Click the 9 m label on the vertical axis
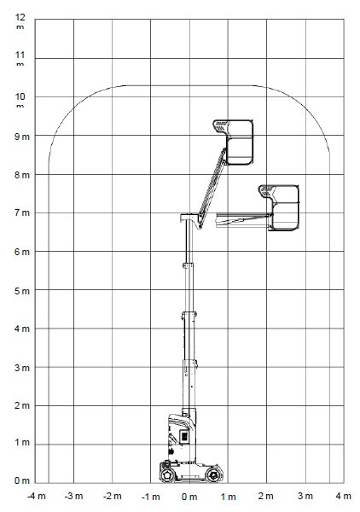[x=22, y=137]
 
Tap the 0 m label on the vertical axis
[x=22, y=480]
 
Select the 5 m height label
[x=22, y=291]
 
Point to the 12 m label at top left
[x=20, y=20]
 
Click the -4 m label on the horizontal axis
[x=36, y=497]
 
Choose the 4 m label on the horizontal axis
[x=343, y=496]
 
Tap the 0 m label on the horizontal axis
[x=189, y=497]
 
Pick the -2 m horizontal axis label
[x=113, y=497]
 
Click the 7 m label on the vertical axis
[x=22, y=213]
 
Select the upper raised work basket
[x=234, y=142]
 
